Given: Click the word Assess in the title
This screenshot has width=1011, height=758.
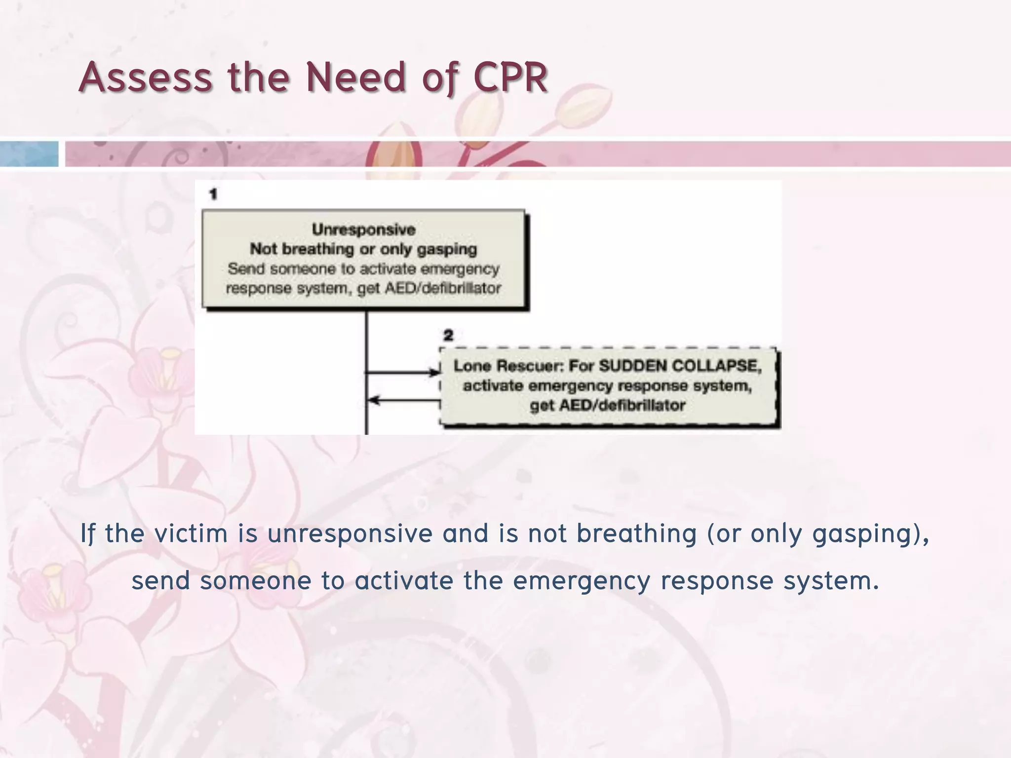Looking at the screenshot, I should [x=145, y=77].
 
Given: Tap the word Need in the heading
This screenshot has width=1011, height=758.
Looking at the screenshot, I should [x=355, y=77].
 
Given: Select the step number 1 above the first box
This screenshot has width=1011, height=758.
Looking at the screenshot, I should [x=213, y=194].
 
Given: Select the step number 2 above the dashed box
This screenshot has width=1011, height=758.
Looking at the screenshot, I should [x=448, y=336].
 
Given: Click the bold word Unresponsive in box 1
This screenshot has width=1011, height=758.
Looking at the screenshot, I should [x=364, y=229].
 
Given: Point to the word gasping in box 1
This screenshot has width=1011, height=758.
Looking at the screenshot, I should [x=447, y=249].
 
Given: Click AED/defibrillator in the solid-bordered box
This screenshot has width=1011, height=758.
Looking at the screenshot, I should [x=442, y=288].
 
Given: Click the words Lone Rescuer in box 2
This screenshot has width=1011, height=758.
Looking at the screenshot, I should [x=507, y=366].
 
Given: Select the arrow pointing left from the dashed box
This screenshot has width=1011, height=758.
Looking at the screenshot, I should [x=402, y=400].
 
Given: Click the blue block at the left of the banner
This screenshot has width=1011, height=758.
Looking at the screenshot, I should [x=29, y=154].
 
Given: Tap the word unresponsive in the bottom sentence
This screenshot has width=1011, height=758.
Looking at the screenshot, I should [x=350, y=533].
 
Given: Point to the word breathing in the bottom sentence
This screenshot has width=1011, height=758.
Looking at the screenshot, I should [x=636, y=533].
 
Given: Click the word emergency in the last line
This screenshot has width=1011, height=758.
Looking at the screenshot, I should [x=581, y=580].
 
